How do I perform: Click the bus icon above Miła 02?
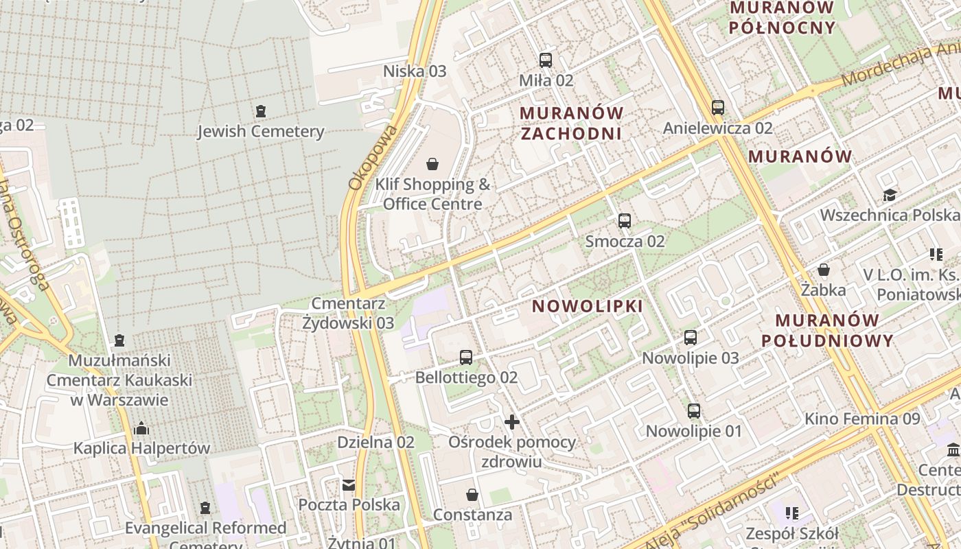(x=546, y=60)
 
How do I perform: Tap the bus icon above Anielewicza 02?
(x=717, y=108)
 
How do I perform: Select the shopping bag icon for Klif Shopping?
(x=432, y=164)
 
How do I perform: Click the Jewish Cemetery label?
(x=260, y=131)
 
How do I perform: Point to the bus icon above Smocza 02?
(x=624, y=221)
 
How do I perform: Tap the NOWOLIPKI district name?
(x=588, y=306)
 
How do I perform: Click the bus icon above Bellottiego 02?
(x=466, y=358)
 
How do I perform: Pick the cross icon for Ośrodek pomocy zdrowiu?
(x=511, y=422)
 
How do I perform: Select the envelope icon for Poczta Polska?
(x=349, y=485)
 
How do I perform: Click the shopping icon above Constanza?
(x=472, y=495)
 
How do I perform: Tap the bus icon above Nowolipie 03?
(x=690, y=338)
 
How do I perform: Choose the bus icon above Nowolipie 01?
(x=694, y=411)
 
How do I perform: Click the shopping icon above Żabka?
(x=823, y=270)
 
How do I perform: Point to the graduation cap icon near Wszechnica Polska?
(x=890, y=195)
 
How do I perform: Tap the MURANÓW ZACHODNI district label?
(x=571, y=123)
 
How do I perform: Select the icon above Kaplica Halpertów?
(x=141, y=429)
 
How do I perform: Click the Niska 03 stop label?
(x=415, y=71)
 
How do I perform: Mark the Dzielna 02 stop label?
(x=375, y=443)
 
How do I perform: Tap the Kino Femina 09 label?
(x=861, y=419)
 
